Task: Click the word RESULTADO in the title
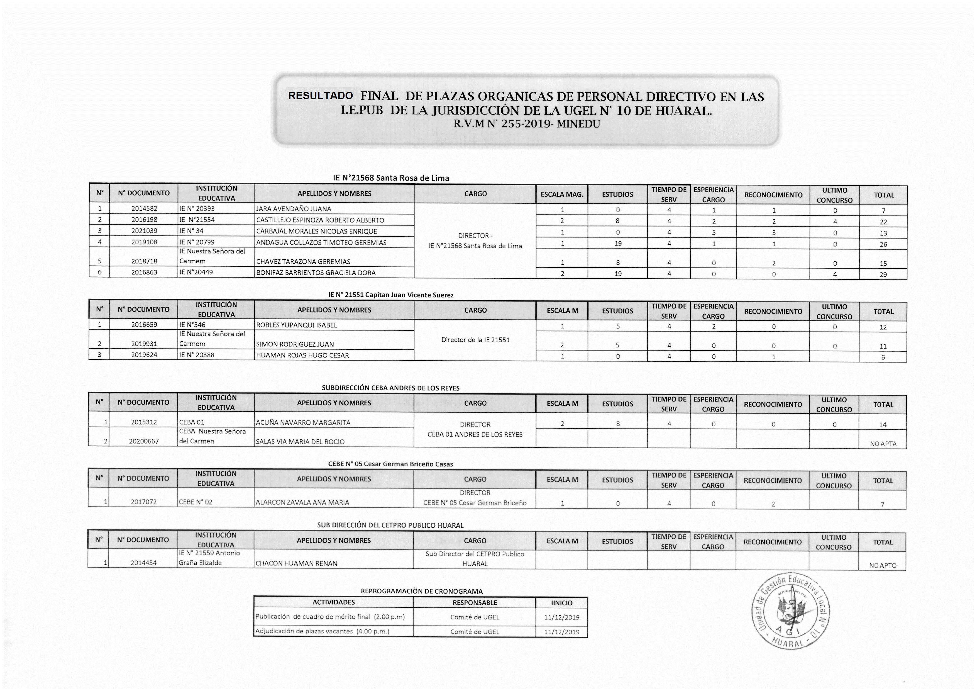(320, 95)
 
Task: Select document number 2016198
(144, 220)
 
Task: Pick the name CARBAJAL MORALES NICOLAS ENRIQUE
(317, 231)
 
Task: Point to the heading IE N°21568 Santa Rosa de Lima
(391, 178)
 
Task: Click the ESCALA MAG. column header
(562, 194)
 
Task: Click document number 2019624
(144, 355)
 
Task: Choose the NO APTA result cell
(883, 444)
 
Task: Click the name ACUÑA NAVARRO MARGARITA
(303, 423)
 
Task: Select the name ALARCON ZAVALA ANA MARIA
(302, 502)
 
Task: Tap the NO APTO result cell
(883, 565)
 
